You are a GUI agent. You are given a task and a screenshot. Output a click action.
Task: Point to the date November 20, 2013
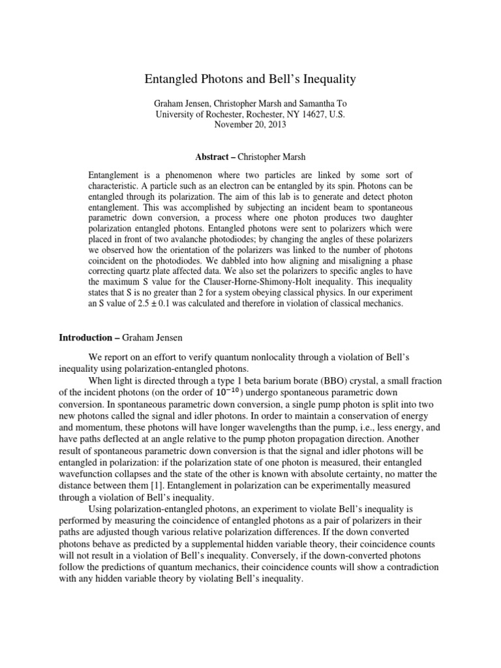tap(250, 125)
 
